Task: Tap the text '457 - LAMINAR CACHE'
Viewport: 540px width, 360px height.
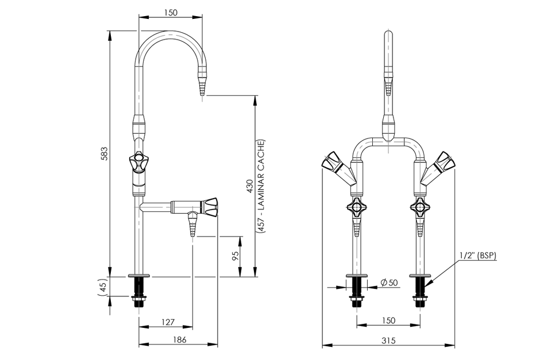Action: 261,185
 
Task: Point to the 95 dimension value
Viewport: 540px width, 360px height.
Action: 234,256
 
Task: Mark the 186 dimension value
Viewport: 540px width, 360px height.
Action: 179,340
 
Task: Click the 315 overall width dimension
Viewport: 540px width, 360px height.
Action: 388,340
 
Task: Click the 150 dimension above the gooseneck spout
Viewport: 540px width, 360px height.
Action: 170,12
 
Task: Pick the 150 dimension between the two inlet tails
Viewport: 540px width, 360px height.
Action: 388,319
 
